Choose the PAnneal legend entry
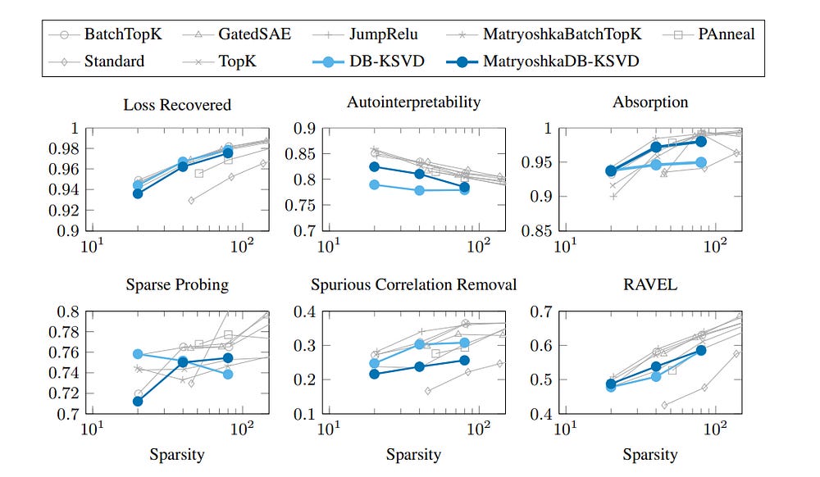point(724,34)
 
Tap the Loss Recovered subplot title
point(177,104)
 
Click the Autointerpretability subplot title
point(413,102)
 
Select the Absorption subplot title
point(650,102)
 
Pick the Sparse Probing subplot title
point(177,285)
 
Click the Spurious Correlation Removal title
point(413,285)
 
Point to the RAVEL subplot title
point(650,284)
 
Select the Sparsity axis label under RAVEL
point(650,454)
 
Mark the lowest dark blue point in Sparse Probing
point(138,401)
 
